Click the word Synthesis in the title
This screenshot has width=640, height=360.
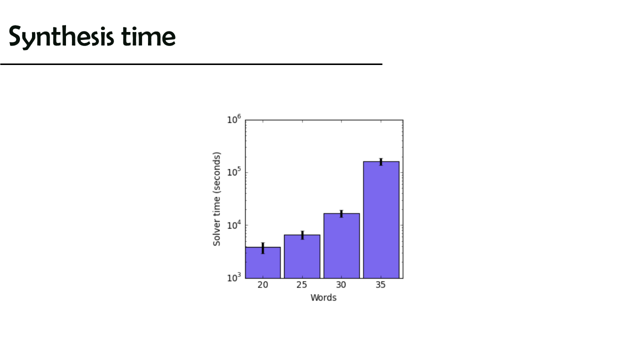(x=61, y=36)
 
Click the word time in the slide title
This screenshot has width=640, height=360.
(x=148, y=36)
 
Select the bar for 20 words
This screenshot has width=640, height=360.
(x=263, y=262)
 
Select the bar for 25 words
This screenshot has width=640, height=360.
(x=302, y=256)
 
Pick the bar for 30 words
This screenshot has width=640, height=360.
(x=341, y=245)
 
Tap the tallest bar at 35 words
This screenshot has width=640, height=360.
(x=381, y=219)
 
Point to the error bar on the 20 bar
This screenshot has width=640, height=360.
(x=263, y=248)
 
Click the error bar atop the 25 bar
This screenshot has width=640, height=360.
(x=302, y=235)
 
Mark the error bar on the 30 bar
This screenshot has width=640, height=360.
(x=341, y=213)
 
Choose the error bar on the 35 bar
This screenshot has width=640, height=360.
(x=381, y=161)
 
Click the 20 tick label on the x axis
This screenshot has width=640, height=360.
(x=263, y=285)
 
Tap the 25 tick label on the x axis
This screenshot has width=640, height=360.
(x=301, y=285)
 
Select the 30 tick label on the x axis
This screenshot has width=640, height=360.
(x=341, y=285)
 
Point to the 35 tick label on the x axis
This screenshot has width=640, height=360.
(x=380, y=285)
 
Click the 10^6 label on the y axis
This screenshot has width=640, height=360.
(x=234, y=119)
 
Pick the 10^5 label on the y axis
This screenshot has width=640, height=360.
(x=234, y=171)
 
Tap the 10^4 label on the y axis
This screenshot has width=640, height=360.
(x=234, y=224)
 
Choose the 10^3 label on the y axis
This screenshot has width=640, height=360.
(x=234, y=277)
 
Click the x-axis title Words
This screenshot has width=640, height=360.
(x=323, y=297)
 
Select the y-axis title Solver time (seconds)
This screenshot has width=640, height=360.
(x=217, y=199)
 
